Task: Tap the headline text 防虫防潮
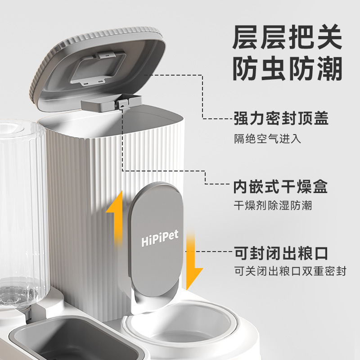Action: [287, 69]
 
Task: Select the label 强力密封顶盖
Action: [281, 119]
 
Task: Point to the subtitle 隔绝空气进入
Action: [267, 138]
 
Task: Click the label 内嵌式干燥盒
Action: [280, 186]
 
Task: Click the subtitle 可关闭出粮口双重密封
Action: [290, 272]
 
